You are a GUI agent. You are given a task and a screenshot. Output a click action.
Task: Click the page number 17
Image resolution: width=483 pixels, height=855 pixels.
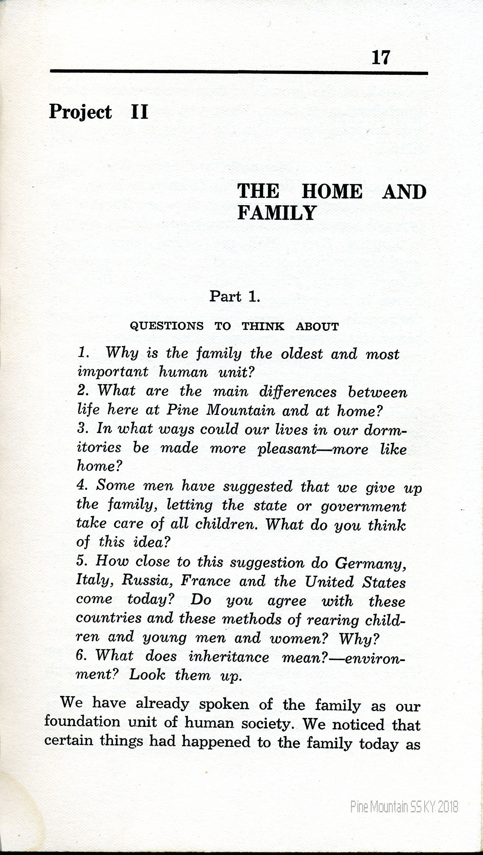coord(380,58)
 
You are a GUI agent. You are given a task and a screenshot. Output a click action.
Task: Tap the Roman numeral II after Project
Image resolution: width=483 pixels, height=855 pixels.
coord(140,112)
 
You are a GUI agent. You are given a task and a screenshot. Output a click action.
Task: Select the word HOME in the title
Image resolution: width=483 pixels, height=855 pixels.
coord(332,192)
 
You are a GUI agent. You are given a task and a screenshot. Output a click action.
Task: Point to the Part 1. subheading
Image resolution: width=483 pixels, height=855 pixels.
coord(235,297)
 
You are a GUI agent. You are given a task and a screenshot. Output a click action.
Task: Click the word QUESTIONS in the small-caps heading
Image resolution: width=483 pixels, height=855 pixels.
coord(167,326)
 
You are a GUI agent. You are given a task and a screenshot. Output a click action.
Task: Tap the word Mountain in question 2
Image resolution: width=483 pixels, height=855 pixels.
coord(241,410)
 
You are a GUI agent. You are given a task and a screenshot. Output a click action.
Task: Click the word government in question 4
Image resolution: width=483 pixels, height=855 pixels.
coord(363,506)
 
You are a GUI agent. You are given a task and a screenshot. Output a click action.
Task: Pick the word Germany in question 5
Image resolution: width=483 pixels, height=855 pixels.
coord(370,563)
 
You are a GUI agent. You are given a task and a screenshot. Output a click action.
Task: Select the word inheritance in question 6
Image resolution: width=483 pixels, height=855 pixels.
coord(229,657)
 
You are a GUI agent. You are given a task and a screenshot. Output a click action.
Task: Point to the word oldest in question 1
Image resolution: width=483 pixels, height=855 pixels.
coord(302,354)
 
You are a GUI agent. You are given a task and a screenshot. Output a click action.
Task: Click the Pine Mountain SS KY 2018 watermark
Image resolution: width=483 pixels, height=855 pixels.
coord(404,795)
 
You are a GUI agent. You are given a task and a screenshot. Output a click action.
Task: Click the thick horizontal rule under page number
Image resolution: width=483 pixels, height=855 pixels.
coord(239,72)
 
